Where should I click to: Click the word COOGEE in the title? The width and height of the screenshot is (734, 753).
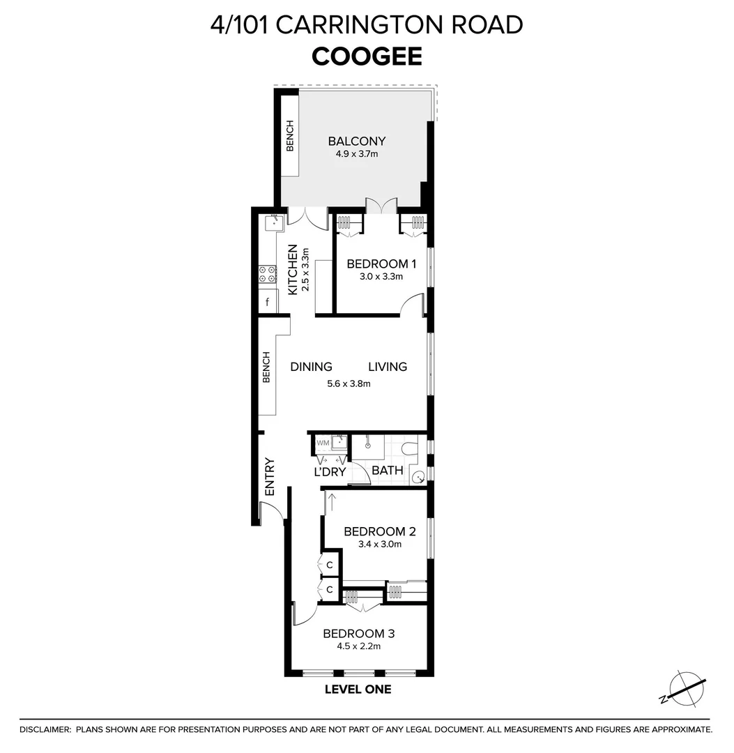367,56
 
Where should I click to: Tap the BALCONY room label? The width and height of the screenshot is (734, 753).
356,142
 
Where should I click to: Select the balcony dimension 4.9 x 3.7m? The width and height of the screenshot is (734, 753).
356,154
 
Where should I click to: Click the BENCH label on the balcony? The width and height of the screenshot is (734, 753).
290,136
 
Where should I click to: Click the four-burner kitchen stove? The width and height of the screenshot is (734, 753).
268,275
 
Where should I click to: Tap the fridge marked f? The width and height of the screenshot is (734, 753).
267,303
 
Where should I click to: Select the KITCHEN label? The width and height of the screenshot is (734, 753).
293,269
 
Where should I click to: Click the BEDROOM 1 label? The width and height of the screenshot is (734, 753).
381,264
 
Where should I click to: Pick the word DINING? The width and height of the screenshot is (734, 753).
311,367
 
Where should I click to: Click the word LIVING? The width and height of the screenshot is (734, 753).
388,367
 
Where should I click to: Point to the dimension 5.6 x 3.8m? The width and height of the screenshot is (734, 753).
349,383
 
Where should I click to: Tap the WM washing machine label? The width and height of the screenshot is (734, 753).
323,443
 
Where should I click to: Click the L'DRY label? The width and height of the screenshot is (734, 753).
330,472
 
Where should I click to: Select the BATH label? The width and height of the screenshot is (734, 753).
387,470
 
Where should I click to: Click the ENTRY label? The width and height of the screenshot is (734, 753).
270,477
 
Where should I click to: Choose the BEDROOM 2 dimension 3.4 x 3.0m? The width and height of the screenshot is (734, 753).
373,545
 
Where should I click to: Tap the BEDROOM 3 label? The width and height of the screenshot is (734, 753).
358,634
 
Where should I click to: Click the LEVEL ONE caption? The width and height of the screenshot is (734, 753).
358,690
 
